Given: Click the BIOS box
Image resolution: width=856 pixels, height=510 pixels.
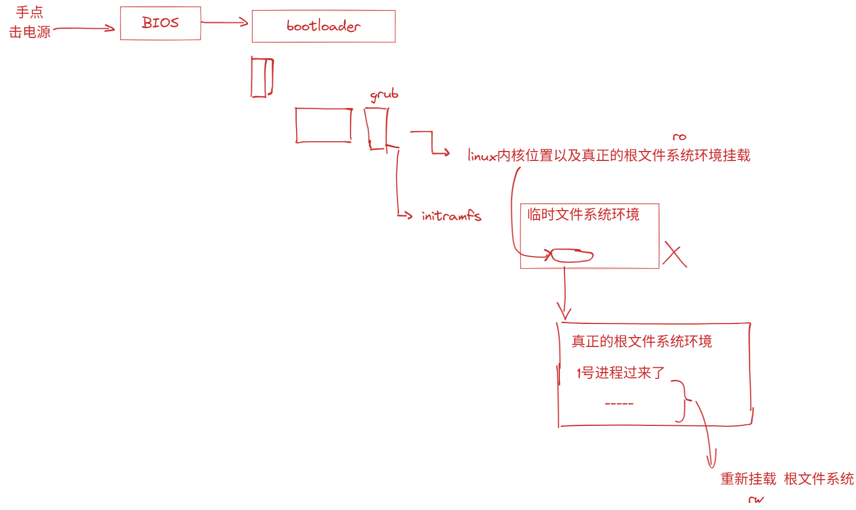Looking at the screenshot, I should [x=160, y=23].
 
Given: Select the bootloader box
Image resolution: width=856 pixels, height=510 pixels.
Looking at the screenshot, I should [x=323, y=26].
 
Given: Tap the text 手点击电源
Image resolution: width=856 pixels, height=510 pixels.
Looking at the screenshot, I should [x=30, y=22].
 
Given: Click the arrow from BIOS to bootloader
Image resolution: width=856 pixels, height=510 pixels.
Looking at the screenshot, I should [x=225, y=22].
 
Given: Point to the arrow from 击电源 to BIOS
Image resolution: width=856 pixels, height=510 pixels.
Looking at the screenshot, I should [x=84, y=29].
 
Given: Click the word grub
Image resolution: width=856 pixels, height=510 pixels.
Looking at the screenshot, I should [x=384, y=95].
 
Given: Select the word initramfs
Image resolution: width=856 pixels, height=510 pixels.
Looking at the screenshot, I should [x=451, y=215].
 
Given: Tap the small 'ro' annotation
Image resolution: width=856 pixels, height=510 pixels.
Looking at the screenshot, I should [x=679, y=137].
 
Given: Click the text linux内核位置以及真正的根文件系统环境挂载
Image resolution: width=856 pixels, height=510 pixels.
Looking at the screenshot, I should [x=609, y=155].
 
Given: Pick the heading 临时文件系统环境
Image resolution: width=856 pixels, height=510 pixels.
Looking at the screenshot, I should [x=583, y=214].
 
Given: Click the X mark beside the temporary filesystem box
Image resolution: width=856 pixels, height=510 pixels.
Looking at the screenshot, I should [x=675, y=254].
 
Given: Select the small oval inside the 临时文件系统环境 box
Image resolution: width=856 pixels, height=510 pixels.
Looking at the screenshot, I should [x=572, y=256].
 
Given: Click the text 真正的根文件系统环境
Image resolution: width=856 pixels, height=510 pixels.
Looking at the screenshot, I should [x=641, y=341].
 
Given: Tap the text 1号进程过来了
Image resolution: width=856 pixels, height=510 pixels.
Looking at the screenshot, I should [x=620, y=373].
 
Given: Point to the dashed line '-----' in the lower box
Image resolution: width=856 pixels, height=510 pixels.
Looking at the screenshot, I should [x=619, y=403].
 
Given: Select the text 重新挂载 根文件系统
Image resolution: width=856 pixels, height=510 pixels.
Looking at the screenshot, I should [x=787, y=479].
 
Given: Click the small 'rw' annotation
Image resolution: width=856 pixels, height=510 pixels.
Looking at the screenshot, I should [x=756, y=500].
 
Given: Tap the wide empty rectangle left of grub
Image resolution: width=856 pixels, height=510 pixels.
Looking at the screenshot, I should [x=324, y=125].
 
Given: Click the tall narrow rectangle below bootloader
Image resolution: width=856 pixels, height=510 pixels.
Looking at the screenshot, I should [x=262, y=77].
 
